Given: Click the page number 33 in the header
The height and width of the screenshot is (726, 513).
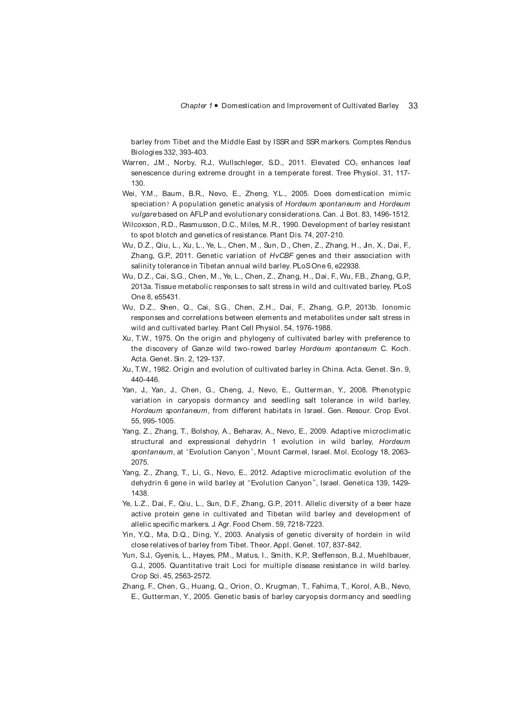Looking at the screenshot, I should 413,106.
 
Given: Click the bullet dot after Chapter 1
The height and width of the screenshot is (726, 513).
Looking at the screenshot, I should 216,106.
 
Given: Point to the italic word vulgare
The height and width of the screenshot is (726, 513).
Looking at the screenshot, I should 143,214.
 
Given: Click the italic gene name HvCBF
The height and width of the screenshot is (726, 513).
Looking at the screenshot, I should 281,256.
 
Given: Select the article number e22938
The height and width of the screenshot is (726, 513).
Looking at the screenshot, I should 347,266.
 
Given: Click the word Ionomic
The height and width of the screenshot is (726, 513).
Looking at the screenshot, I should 396,307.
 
